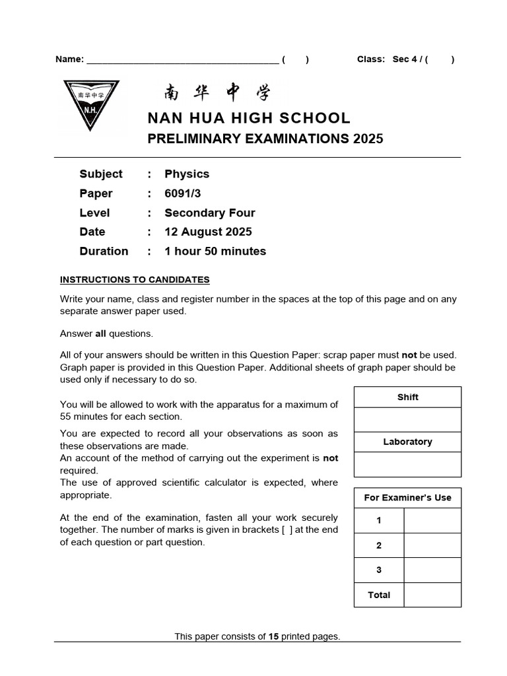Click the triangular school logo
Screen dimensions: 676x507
(x=91, y=104)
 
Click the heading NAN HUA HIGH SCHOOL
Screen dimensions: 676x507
(x=249, y=118)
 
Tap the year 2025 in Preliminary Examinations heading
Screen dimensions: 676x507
(x=368, y=139)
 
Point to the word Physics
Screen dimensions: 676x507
(x=187, y=174)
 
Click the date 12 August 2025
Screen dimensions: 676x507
(x=208, y=232)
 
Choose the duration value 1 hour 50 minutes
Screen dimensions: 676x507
(x=215, y=252)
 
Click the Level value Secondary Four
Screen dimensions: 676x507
(x=209, y=213)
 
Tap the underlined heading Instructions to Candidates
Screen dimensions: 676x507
(x=135, y=280)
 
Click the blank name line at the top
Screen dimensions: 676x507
(x=182, y=60)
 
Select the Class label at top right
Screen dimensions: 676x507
(x=370, y=59)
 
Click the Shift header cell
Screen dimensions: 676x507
(x=407, y=397)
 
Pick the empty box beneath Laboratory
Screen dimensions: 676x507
(x=407, y=464)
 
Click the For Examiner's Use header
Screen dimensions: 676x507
(x=407, y=498)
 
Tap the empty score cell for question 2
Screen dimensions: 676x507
(x=432, y=545)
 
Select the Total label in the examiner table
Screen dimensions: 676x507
(x=379, y=595)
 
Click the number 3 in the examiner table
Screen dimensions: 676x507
(x=379, y=570)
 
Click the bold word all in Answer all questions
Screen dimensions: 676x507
(x=101, y=333)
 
